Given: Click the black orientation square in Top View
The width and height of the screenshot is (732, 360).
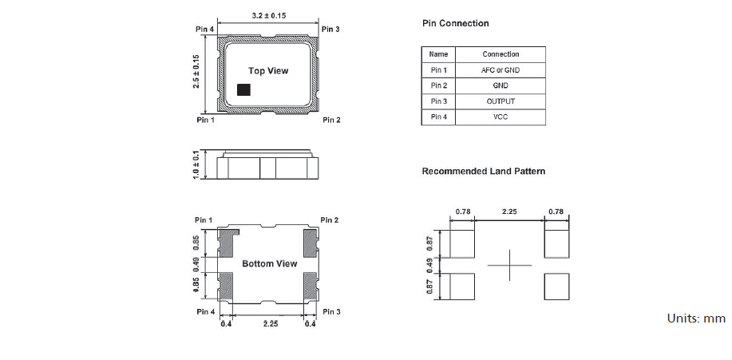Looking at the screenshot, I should point(243,89).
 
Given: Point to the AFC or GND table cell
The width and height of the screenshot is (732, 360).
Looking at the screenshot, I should point(501,70).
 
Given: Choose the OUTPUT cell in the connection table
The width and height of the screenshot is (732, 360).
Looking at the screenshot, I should point(501,101).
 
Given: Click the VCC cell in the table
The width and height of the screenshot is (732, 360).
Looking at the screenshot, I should point(501,117).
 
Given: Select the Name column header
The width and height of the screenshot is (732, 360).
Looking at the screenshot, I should point(438,54).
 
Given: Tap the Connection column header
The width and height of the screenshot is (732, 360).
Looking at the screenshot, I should point(501,54).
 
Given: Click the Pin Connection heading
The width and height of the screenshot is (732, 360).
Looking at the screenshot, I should point(455,24).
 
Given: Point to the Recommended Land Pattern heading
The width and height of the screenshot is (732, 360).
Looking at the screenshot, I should point(484,172).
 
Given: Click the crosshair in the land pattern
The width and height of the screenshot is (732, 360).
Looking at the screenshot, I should point(508,265).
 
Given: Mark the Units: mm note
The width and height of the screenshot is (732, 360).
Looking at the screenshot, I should point(696,318).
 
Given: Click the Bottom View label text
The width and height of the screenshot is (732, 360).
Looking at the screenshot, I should point(269,263).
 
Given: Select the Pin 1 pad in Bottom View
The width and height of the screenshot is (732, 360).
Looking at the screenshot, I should point(228,239).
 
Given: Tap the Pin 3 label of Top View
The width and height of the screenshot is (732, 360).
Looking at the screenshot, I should point(330,30).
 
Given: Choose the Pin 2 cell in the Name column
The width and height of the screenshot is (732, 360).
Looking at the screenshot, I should point(438,85).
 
